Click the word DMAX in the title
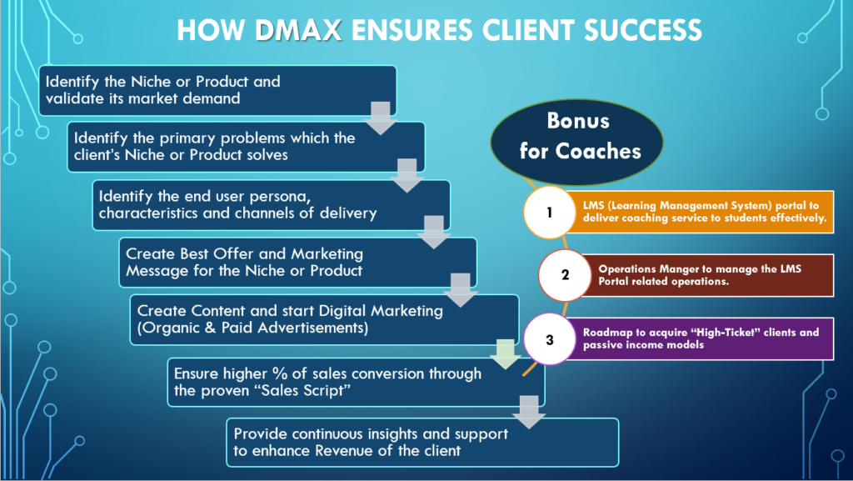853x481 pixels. click(x=299, y=31)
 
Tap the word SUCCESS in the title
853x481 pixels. click(x=642, y=31)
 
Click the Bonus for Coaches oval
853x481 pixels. click(x=577, y=142)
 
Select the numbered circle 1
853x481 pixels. click(x=550, y=213)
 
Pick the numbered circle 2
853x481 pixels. click(x=565, y=275)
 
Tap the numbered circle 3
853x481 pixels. click(x=550, y=339)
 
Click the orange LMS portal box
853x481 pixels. click(x=701, y=212)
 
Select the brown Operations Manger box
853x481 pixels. click(x=707, y=275)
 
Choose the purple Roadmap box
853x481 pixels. click(x=701, y=339)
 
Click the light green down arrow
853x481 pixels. click(x=506, y=354)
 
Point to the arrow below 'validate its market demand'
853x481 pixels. click(x=380, y=118)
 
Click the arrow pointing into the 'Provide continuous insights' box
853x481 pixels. click(x=529, y=413)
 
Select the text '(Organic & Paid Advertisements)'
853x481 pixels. click(x=252, y=328)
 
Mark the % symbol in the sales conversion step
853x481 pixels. click(x=280, y=373)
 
